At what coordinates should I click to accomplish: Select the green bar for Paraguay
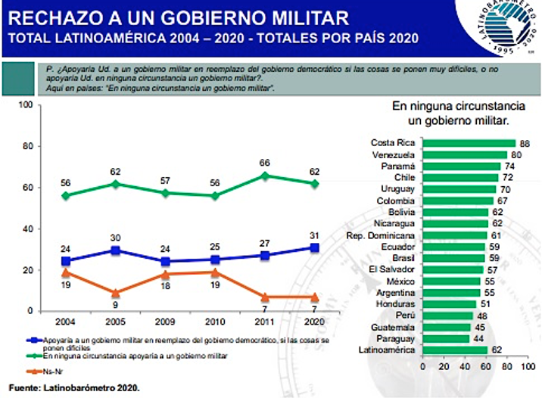pyautogui.click(x=445, y=338)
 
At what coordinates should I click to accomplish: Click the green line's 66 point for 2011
pyautogui.click(x=263, y=176)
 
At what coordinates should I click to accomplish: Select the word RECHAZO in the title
pyautogui.click(x=47, y=16)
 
